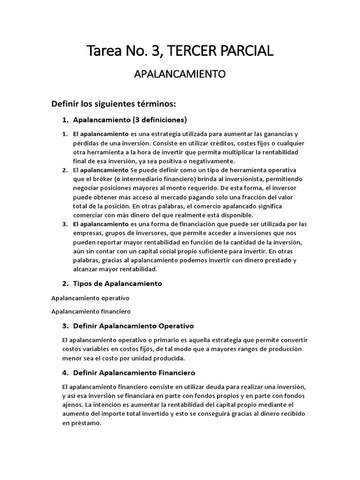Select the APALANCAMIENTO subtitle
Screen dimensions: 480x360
coord(180,74)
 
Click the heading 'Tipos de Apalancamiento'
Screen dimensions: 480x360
coord(118,284)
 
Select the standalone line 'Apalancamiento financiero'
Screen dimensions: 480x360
coord(91,311)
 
